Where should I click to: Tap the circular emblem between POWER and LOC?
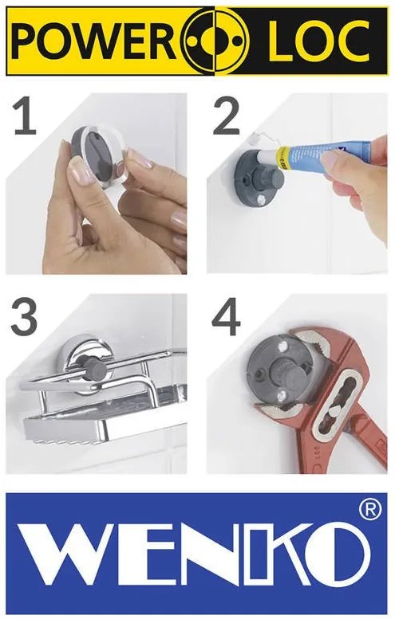click(217, 41)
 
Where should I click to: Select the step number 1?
click(25, 117)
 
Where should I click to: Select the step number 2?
click(227, 116)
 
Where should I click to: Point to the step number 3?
click(25, 316)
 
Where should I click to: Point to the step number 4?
click(226, 317)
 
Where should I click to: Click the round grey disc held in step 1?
click(95, 153)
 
